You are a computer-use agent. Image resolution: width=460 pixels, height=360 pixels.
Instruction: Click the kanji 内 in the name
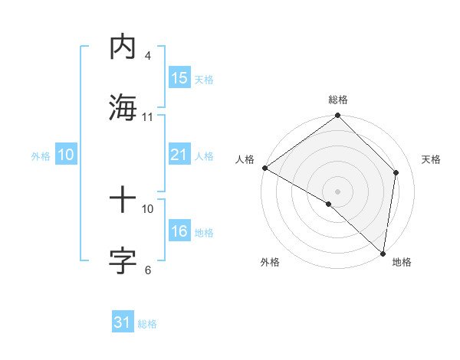(x=123, y=47)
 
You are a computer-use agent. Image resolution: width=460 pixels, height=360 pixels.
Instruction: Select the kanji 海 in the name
(x=123, y=107)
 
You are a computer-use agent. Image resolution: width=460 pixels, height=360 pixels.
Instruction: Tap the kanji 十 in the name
(x=123, y=201)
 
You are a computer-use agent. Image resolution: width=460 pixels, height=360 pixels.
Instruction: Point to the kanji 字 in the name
(x=123, y=260)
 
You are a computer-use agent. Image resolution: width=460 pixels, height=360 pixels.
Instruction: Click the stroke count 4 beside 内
(x=147, y=56)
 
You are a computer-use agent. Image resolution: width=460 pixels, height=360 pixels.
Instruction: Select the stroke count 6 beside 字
(x=147, y=270)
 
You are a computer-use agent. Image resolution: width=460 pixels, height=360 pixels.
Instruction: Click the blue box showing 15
(x=179, y=78)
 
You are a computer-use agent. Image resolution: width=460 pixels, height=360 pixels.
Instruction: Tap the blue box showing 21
(x=179, y=155)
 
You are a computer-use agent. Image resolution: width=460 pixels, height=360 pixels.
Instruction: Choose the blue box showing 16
(x=179, y=231)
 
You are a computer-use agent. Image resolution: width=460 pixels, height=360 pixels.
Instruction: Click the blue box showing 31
(x=123, y=322)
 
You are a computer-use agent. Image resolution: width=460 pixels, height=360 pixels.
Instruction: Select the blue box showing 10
(x=66, y=155)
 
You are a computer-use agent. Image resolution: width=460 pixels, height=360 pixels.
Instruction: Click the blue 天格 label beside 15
(x=204, y=79)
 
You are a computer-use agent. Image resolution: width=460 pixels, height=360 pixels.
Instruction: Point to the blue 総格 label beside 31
(x=147, y=324)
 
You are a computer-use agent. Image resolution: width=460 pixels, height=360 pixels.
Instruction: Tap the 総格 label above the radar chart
(x=337, y=100)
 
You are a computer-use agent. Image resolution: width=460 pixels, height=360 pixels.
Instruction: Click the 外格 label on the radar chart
(x=270, y=262)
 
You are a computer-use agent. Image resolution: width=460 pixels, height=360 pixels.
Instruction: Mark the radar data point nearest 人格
(x=264, y=168)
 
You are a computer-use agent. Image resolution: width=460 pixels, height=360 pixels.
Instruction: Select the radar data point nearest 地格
(x=383, y=253)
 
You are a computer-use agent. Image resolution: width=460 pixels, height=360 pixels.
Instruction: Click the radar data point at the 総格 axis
(x=337, y=116)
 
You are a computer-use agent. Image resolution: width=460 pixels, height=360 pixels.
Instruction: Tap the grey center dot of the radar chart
(x=337, y=191)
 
